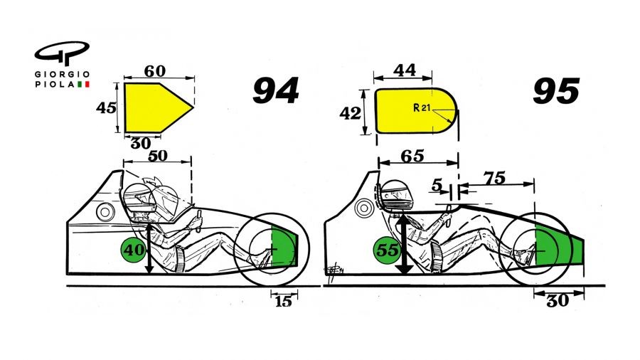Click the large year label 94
point(276,90)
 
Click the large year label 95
point(556,90)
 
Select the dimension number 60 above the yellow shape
point(155,71)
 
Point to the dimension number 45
point(106,107)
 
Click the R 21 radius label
point(421,107)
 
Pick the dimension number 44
point(405,70)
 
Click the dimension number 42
point(350,113)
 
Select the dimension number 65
point(412,156)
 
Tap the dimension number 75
point(494,178)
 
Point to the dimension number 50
point(157,156)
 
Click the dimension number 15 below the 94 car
point(283,302)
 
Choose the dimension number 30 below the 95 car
point(558,301)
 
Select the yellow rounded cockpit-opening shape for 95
point(415,111)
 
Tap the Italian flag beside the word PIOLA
point(83,85)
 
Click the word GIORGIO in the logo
point(62,75)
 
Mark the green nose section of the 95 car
point(559,245)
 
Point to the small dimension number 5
point(437,186)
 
